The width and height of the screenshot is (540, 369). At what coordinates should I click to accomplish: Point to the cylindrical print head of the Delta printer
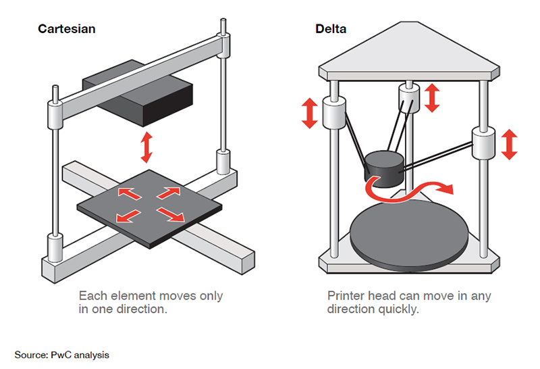[384, 169]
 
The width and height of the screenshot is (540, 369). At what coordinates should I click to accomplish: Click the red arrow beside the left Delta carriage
[309, 113]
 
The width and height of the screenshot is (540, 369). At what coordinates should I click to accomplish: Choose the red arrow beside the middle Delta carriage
[433, 97]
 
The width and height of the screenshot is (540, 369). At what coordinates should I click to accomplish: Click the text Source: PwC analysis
[61, 354]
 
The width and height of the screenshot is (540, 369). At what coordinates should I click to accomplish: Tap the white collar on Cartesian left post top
[53, 111]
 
